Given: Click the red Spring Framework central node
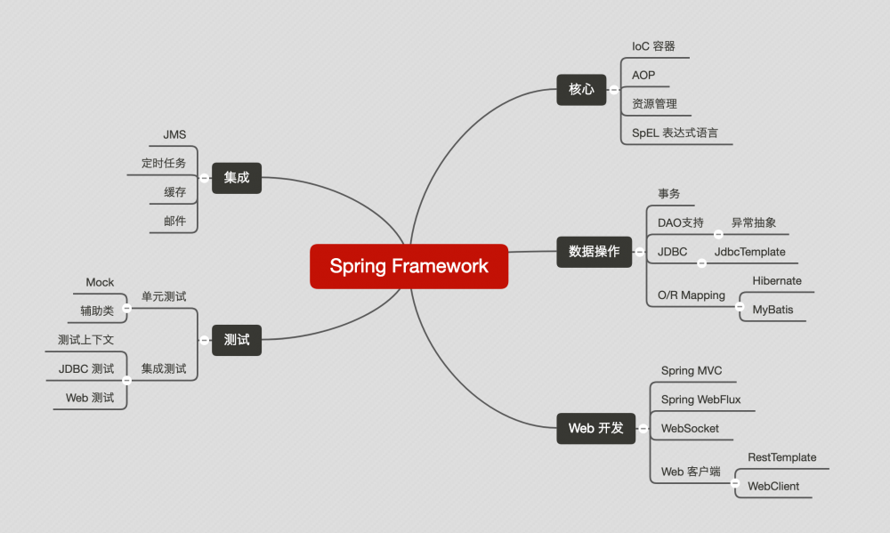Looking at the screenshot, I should [409, 266].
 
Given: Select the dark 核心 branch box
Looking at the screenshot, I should [581, 89].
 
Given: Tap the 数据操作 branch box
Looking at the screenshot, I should [594, 252].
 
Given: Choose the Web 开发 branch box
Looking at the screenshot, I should [595, 428].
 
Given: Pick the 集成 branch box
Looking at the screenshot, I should [237, 177].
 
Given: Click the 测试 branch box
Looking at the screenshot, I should [237, 339].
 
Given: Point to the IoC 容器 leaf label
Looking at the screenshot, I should [653, 46].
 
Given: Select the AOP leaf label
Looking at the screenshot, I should [643, 75].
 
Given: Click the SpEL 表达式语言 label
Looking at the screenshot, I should [675, 133].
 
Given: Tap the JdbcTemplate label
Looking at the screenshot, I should [749, 252].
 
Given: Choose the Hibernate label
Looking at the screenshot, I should [776, 281].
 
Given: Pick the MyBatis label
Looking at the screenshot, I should [773, 310].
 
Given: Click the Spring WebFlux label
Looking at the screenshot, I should [700, 400].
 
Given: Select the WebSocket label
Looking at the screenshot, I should [690, 428].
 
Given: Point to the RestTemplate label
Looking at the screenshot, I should [781, 457].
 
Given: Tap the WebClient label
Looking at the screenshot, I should [773, 486].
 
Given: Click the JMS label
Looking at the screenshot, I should [174, 134].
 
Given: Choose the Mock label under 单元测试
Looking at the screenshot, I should [100, 283].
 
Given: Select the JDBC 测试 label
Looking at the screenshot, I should [86, 368].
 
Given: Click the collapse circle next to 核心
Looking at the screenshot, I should [613, 89].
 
